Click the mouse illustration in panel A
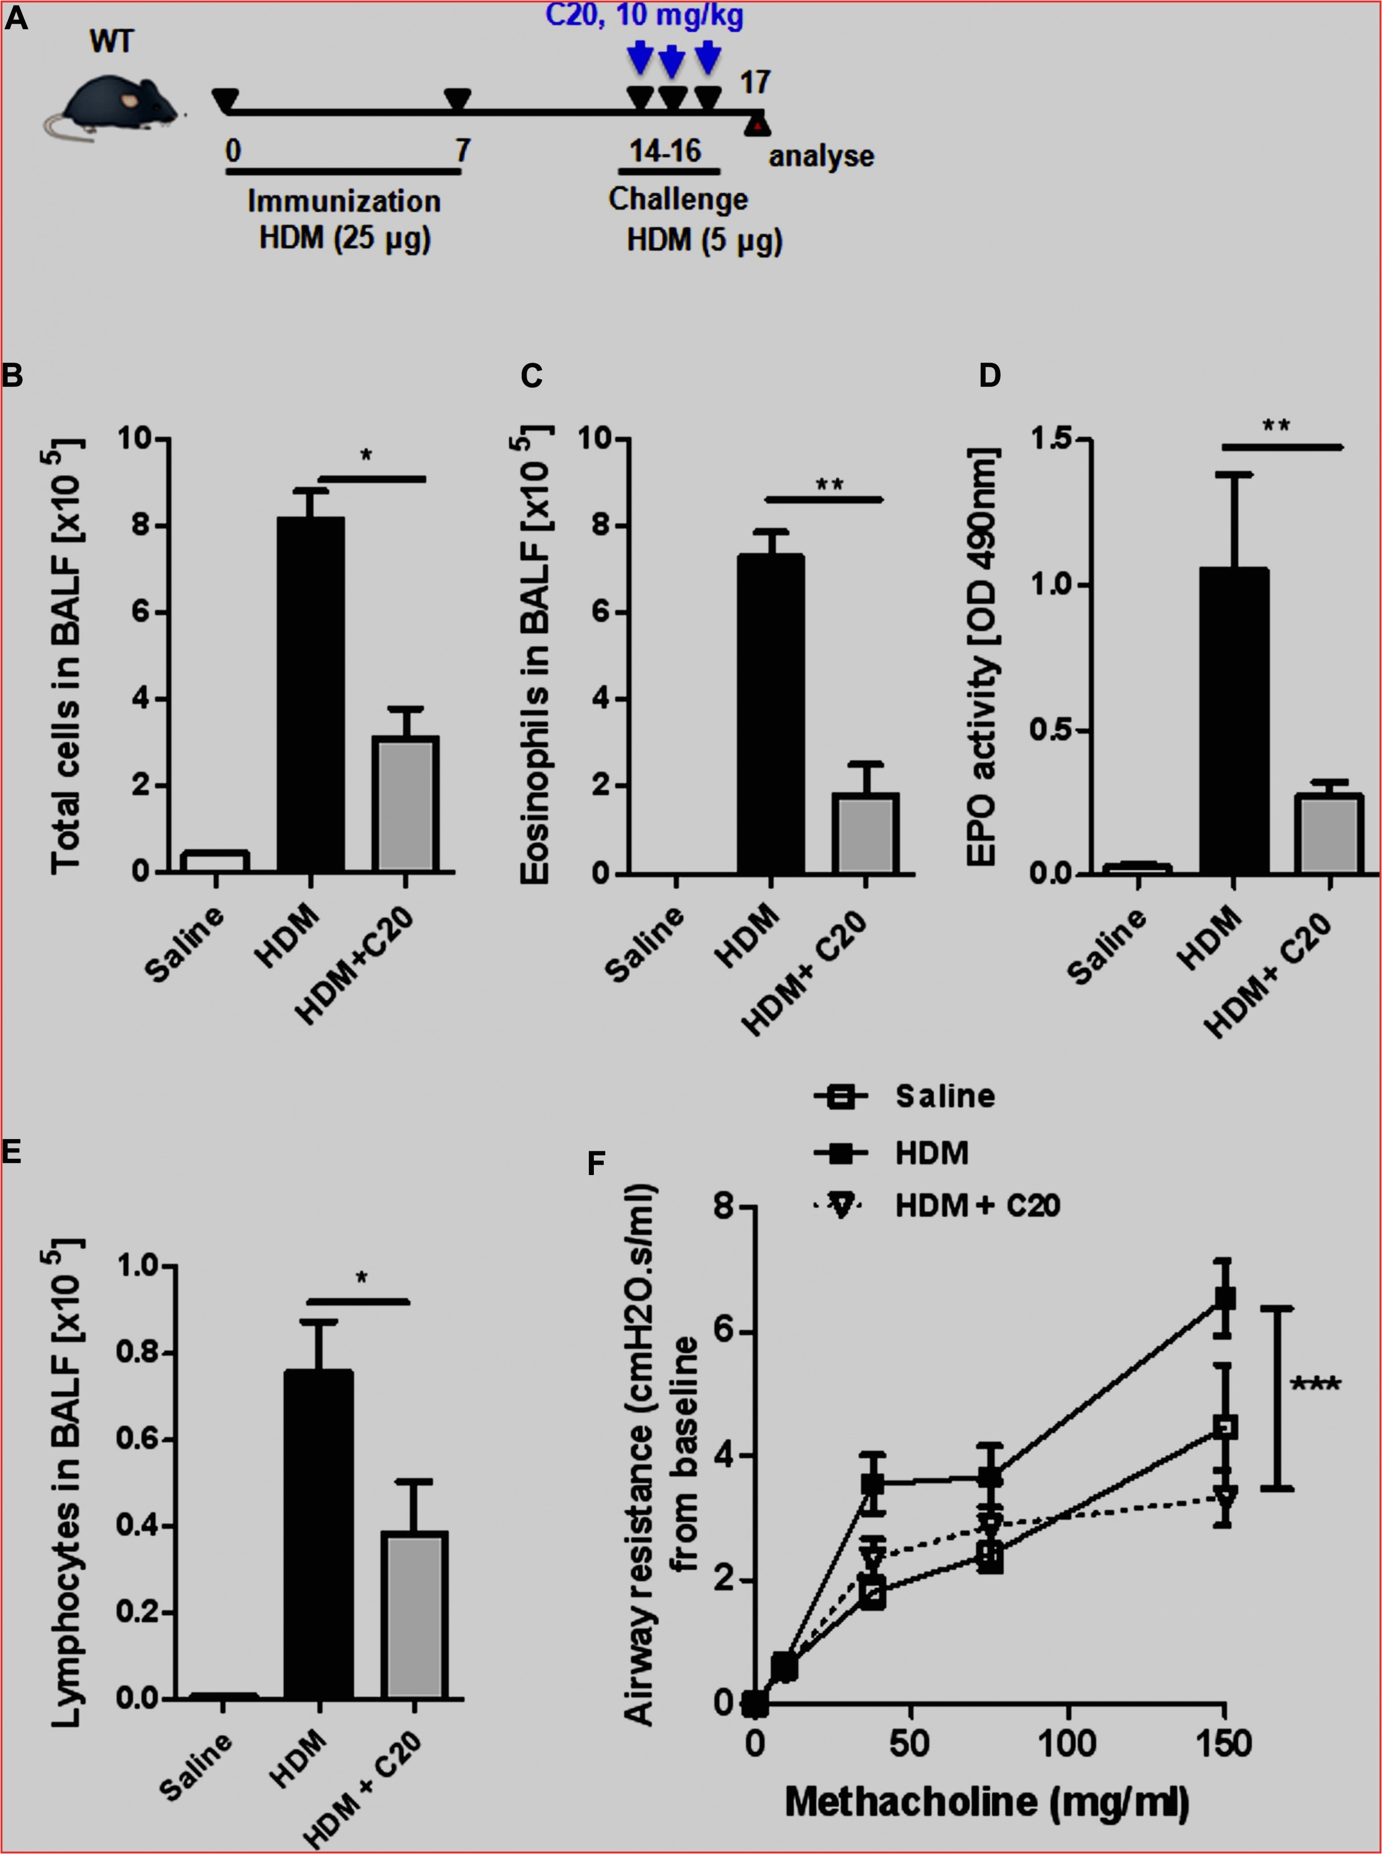[x=113, y=105]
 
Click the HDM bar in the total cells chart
[x=310, y=694]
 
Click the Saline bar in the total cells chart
[x=215, y=861]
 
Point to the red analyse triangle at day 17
[x=757, y=126]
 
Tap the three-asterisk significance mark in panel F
[x=1315, y=1385]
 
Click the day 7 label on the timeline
[x=462, y=151]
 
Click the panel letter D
[x=990, y=376]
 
